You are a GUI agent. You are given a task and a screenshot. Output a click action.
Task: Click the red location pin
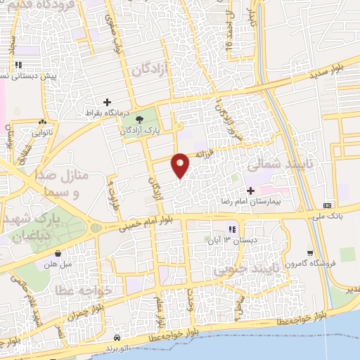tap(181, 165)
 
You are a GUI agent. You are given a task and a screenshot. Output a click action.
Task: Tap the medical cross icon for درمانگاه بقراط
tap(108, 102)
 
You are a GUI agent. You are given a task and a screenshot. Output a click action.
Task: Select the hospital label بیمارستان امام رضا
tap(250, 200)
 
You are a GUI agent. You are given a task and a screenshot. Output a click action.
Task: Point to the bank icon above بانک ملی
tap(327, 205)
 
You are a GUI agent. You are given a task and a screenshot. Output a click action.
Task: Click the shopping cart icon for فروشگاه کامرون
tap(310, 253)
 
